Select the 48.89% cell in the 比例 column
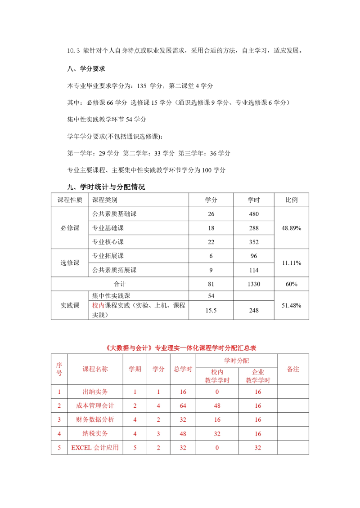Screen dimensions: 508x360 click(291, 228)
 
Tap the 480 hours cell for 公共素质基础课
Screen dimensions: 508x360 click(254, 214)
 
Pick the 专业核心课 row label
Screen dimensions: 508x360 click(108, 242)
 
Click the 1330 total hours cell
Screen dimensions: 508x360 click(254, 284)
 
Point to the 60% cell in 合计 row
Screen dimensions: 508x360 click(291, 284)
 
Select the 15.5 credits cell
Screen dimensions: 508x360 click(211, 310)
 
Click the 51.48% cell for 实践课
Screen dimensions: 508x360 click(291, 305)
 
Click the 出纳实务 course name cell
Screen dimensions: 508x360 click(95, 392)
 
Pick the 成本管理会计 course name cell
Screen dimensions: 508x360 click(95, 406)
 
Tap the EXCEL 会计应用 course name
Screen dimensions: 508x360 click(95, 447)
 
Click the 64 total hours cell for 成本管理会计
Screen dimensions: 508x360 click(183, 406)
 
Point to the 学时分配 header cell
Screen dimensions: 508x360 click(237, 361)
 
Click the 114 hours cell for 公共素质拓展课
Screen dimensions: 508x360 click(254, 270)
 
